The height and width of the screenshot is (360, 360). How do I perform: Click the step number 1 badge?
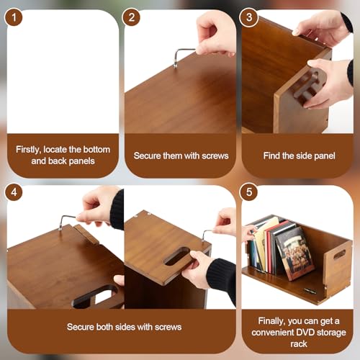tap(14, 17)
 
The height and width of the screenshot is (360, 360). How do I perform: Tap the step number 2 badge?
tap(131, 17)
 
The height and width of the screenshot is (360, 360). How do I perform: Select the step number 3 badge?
tap(249, 17)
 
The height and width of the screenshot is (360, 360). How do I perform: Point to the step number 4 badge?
tap(14, 192)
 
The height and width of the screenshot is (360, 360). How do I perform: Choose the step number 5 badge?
tap(249, 192)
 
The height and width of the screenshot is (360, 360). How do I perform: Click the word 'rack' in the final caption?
tap(299, 344)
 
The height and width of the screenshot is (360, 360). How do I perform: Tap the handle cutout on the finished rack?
tap(339, 254)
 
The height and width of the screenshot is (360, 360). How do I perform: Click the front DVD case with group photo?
tap(295, 254)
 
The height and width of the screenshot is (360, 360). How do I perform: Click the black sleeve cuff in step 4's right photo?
tap(221, 275)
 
